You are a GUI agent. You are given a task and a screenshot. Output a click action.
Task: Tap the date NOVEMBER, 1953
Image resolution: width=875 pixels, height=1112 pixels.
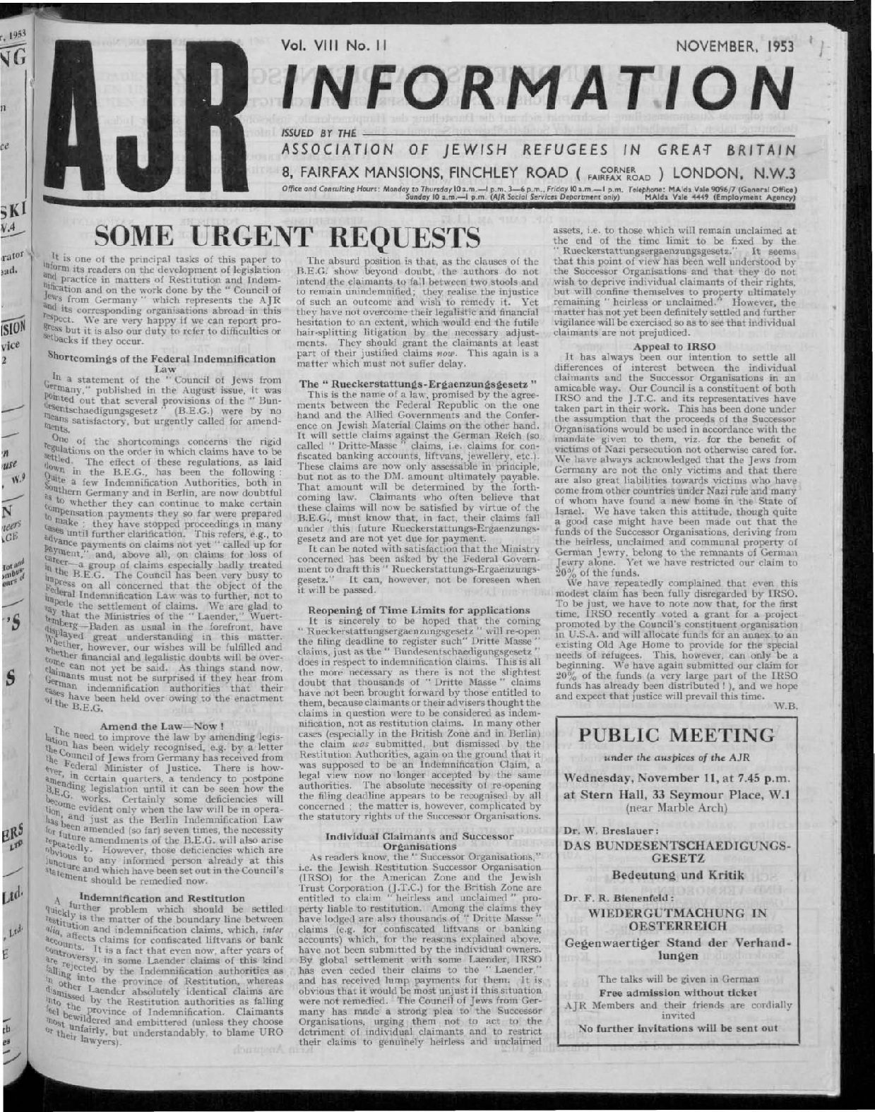pyautogui.click(x=734, y=48)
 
